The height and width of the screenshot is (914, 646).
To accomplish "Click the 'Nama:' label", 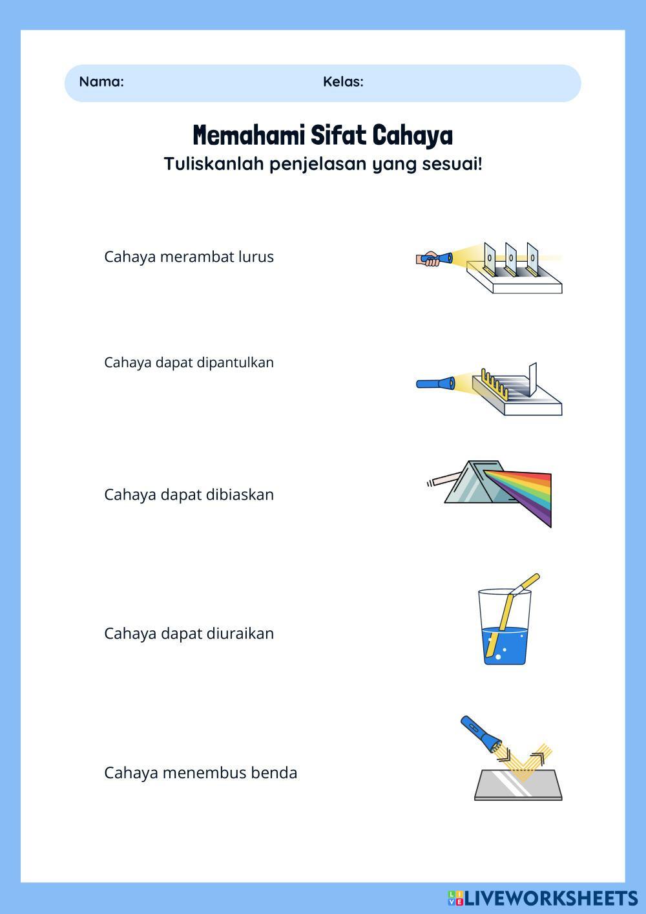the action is tap(101, 81).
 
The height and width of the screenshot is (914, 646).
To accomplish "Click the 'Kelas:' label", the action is tap(343, 81).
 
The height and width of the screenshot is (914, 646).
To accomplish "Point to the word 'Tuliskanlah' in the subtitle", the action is tap(214, 164).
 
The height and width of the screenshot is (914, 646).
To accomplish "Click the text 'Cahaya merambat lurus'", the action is tap(189, 257).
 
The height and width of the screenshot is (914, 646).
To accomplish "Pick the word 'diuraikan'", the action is tap(240, 633).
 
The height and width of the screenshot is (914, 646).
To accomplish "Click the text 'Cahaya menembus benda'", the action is tap(201, 773).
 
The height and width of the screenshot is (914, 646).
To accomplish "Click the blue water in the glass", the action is tap(505, 646).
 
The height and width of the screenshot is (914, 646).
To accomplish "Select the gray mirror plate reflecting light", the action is tap(518, 785).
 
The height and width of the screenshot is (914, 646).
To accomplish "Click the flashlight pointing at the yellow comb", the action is tap(435, 383).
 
